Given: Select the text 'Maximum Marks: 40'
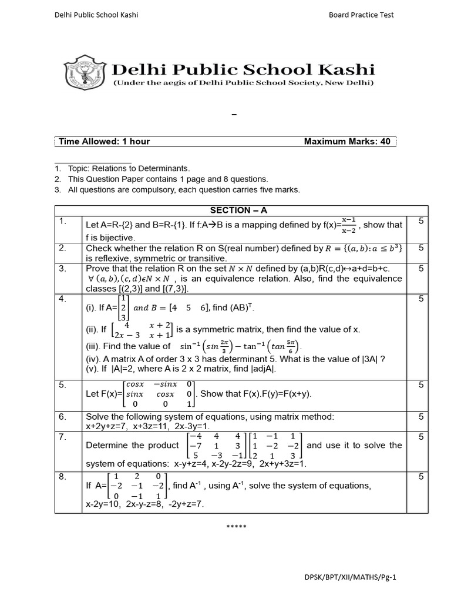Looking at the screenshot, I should click(346, 142).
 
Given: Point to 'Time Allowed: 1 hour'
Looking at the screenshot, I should click(103, 142).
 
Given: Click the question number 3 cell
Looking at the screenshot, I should click(62, 268).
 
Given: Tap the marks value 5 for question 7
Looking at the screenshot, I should click(420, 437).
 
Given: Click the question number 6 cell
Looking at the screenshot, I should click(62, 416).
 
